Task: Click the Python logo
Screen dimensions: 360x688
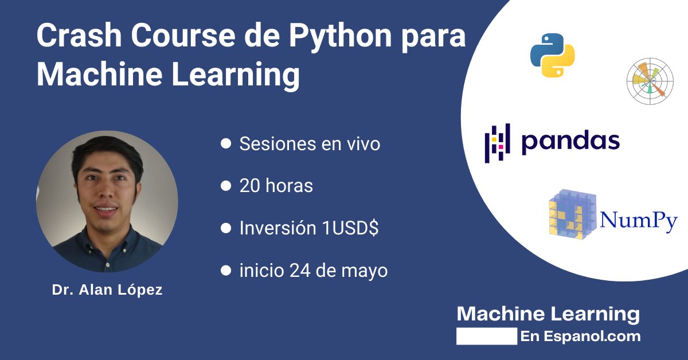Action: click(552, 55)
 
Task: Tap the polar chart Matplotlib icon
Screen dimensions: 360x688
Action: click(650, 81)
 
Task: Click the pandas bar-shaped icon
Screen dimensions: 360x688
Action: click(497, 143)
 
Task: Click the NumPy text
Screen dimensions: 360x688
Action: click(639, 220)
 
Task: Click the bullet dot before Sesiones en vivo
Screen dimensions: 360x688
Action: click(226, 143)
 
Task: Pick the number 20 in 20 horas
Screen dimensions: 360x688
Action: click(251, 186)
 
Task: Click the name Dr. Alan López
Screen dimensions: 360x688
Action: click(107, 290)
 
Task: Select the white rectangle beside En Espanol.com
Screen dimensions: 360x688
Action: click(487, 336)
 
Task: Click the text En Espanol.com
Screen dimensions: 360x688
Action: click(580, 336)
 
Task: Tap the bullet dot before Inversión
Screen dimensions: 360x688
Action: click(226, 228)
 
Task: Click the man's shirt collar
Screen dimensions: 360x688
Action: click(109, 235)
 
